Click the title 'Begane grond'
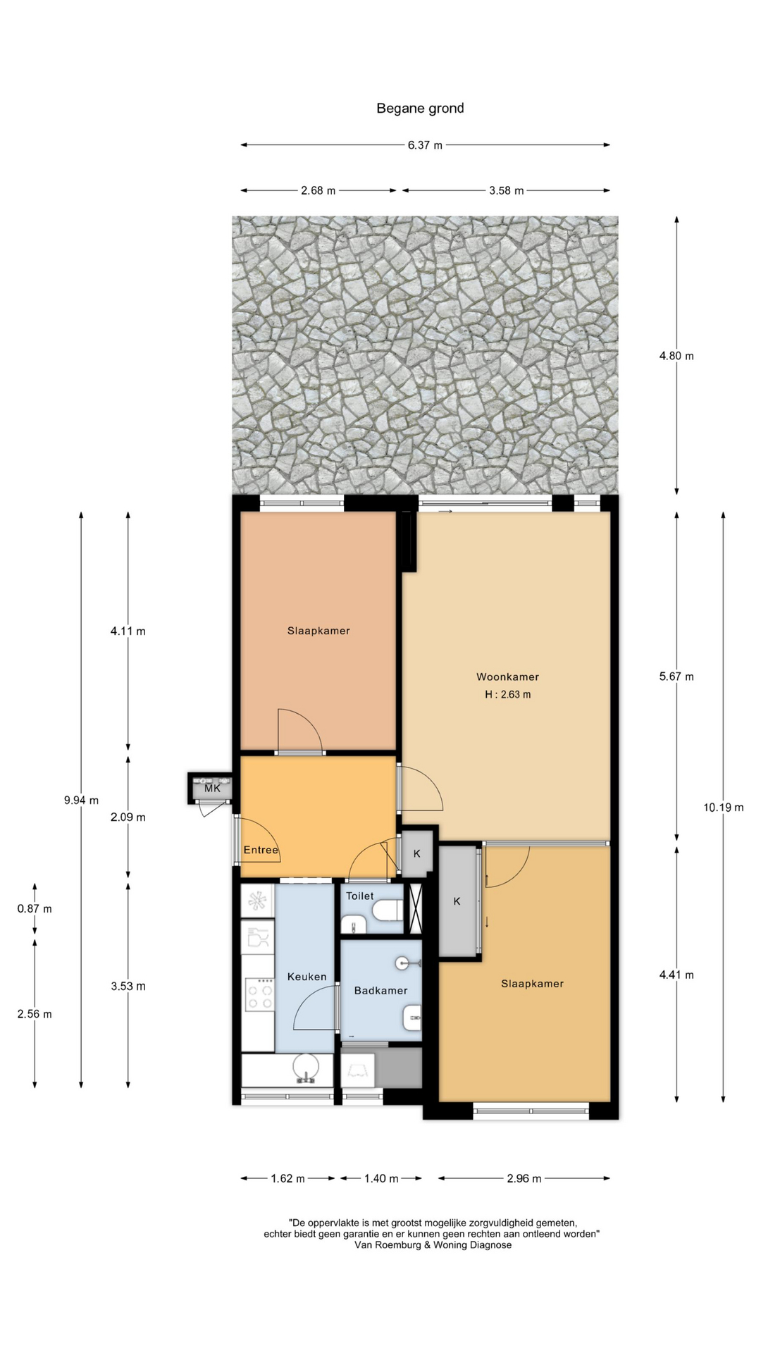(420, 109)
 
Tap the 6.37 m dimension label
(425, 145)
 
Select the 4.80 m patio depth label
(676, 356)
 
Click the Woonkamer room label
(507, 676)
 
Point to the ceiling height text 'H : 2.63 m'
(507, 694)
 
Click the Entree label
(261, 850)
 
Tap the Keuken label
(307, 977)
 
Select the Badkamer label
(381, 990)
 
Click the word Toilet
(360, 896)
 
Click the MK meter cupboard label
(212, 789)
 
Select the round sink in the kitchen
(305, 1068)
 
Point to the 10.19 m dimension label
(724, 808)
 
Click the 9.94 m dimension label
(81, 800)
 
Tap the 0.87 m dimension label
(35, 908)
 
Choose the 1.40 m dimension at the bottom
(381, 1178)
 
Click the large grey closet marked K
(457, 901)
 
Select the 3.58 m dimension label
(507, 190)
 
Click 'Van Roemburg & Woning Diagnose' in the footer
(433, 1245)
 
